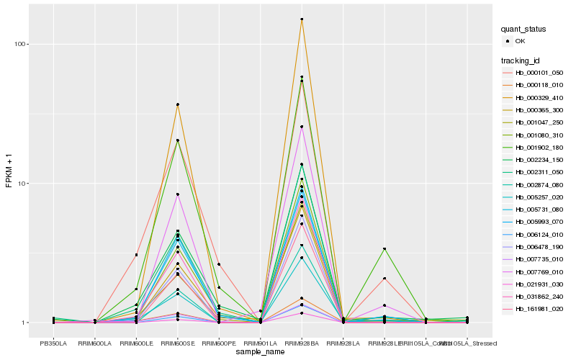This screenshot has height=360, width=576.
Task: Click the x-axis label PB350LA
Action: point(53,343)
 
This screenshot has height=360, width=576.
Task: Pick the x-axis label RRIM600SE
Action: point(177,343)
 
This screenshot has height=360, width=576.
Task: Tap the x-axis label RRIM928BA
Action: point(302,343)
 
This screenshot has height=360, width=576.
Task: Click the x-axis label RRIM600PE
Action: point(219,343)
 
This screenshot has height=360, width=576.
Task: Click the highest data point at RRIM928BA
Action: point(302,19)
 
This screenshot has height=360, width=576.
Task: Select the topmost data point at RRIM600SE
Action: point(177,104)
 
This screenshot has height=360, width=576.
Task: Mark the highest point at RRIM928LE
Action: point(384,249)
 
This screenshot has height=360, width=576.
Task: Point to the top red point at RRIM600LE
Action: point(136,255)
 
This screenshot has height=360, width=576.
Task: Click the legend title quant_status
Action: point(524,29)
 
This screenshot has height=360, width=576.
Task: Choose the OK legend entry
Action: point(521,41)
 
